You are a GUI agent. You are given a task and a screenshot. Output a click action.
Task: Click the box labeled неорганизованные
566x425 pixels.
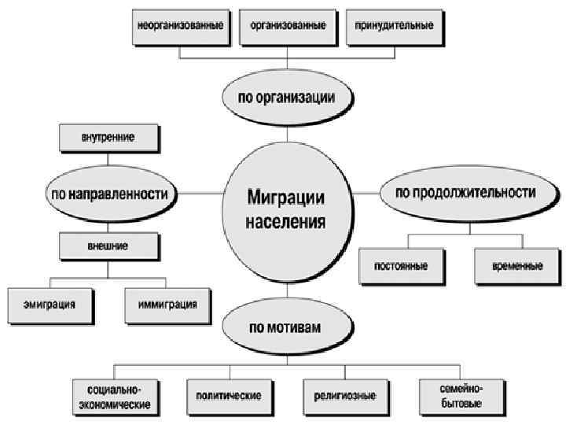[x=180, y=25]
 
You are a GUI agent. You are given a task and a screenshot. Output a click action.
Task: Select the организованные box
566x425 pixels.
[x=289, y=25]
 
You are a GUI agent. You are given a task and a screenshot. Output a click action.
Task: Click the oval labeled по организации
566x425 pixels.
[x=287, y=98]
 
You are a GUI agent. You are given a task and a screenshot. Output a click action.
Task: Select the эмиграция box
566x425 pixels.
[x=50, y=303]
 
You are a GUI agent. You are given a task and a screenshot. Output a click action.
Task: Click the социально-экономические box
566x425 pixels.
[x=114, y=396]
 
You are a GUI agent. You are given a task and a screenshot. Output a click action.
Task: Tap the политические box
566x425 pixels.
[x=228, y=396]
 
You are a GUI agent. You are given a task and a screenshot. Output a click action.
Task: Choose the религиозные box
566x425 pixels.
[x=344, y=396]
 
